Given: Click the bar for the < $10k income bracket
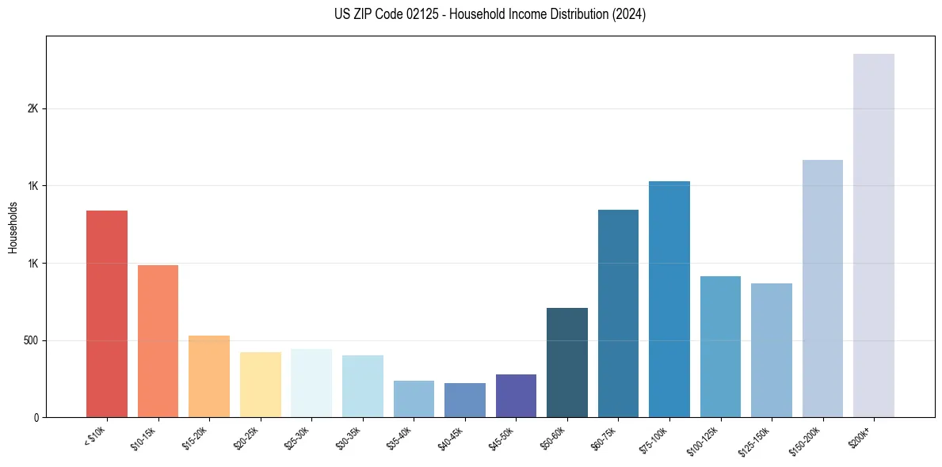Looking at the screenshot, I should coord(106,313).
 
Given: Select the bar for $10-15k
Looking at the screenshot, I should coord(158,341).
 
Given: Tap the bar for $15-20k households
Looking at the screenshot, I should coord(209,376).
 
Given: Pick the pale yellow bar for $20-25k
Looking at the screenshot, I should coord(260,385).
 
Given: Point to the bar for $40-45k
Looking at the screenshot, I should coord(464,400).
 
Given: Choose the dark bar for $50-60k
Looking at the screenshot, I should coord(566,363).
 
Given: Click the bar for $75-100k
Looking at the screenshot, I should coord(669,299).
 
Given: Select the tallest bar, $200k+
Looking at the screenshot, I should coord(873,235).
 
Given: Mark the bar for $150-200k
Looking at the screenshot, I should coord(822,288).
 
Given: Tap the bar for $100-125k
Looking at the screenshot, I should coord(720,347).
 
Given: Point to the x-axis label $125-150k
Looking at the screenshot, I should coord(757,439).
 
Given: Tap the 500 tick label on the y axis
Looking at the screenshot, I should coord(31,340).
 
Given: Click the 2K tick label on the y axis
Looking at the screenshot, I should coord(33,108).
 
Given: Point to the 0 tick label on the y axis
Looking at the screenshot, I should coord(36,417).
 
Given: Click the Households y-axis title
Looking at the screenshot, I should coord(13,227).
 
